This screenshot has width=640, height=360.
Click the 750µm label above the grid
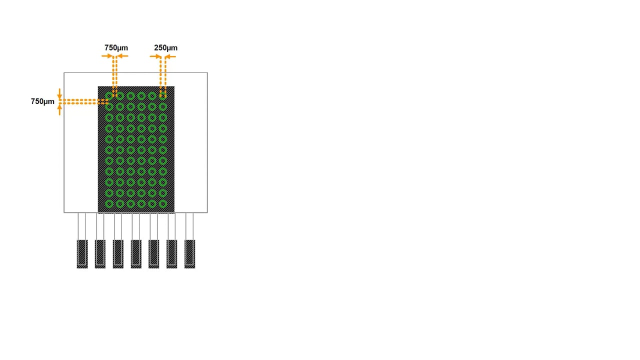(116, 47)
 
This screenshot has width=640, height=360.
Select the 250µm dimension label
(165, 47)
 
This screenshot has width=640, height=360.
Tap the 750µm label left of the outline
(42, 101)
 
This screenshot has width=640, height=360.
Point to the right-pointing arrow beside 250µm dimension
(155, 56)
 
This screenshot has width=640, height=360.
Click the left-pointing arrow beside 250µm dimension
(170, 56)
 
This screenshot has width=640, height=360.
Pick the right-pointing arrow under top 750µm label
(107, 56)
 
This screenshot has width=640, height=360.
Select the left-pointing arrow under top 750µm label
(122, 56)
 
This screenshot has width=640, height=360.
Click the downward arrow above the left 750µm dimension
(59, 94)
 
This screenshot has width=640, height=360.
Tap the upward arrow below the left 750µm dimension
(59, 109)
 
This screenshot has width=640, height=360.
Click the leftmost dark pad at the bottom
(82, 254)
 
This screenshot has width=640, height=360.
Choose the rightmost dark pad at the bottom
(189, 254)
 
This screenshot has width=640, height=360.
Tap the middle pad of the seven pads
(136, 254)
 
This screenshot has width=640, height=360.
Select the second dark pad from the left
(100, 254)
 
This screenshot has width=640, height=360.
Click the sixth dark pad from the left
(171, 254)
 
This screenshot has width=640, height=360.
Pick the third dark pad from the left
(118, 254)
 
